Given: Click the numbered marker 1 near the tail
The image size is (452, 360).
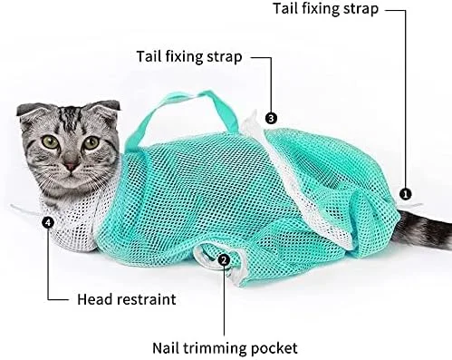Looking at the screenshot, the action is tap(405, 194).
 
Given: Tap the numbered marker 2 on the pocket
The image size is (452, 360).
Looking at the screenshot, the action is tap(224, 259).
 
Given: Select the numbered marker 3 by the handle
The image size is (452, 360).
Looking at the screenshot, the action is tap(271, 118).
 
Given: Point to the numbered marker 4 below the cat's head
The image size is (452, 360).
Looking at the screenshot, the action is tap(48, 222).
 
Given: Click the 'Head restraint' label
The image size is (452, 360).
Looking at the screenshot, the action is tap(127, 299).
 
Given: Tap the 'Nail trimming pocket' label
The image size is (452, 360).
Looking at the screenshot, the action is tap(225, 348).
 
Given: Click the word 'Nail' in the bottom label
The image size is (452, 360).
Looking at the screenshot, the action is tap(166, 347).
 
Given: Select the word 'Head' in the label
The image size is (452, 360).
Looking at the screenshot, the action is tap(95, 299).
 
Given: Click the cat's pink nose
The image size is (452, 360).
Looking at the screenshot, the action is tap(72, 166).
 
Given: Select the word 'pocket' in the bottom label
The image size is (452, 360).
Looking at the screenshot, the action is tap(274, 348).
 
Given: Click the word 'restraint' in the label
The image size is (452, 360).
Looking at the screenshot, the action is tap(147, 299).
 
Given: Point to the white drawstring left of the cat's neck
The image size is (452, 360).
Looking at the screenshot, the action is tap(25, 209).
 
